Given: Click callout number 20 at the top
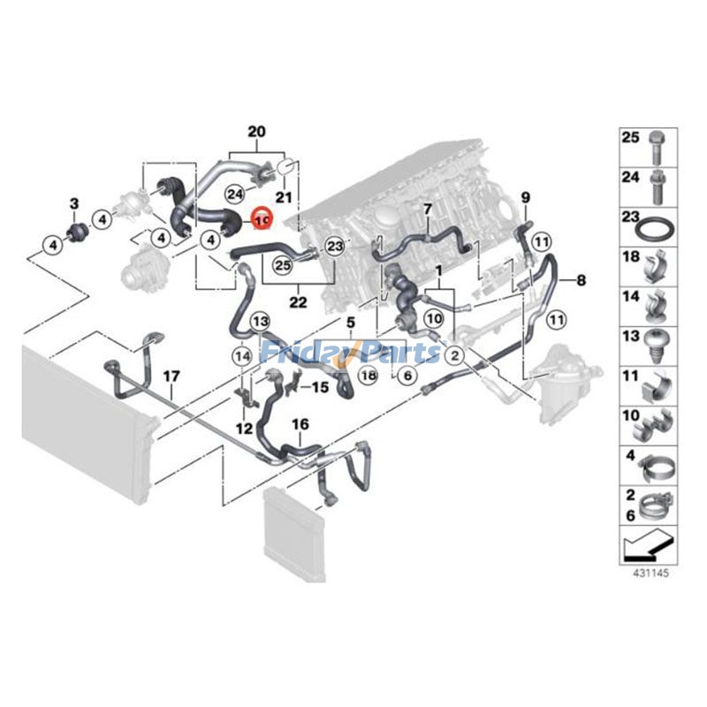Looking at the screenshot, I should (255, 133).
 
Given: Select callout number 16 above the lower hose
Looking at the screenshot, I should (300, 425).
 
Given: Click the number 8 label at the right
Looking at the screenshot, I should (581, 281).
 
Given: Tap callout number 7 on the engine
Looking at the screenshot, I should (427, 209).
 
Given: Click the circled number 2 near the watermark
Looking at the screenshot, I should (453, 355).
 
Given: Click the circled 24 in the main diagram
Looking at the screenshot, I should (235, 193).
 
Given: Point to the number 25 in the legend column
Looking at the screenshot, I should (630, 138).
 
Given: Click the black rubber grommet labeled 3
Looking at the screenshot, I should (76, 233).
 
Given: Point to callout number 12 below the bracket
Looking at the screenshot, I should (243, 429).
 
